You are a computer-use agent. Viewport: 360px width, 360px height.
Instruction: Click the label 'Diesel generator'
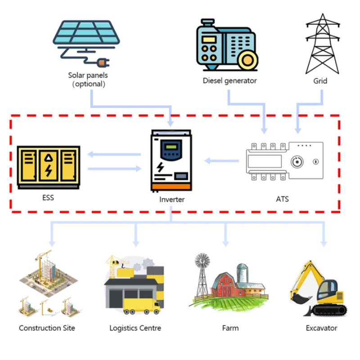pos(229,81)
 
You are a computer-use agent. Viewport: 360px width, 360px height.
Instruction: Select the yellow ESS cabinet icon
pos(49,167)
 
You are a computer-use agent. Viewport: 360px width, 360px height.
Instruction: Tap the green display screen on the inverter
pos(171,147)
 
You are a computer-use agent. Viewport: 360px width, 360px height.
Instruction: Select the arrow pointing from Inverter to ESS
pos(114,154)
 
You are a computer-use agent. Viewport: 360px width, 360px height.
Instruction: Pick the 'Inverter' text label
pos(172,199)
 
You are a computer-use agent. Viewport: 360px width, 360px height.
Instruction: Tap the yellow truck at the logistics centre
pos(141,306)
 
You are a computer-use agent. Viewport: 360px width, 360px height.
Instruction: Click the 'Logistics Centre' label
pos(135,328)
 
